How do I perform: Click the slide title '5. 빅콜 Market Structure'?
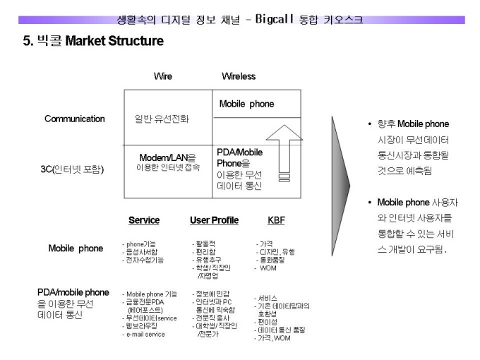(93, 41)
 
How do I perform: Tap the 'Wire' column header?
(163, 76)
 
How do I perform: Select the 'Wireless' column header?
(239, 76)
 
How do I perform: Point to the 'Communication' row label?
(75, 119)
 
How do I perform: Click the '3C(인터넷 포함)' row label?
(72, 169)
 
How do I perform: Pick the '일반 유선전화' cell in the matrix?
(162, 119)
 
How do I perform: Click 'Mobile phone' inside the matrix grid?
(247, 104)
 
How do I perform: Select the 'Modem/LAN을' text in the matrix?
(168, 157)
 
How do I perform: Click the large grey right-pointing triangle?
(340, 186)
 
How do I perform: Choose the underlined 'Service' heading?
(144, 220)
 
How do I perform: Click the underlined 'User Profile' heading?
(215, 220)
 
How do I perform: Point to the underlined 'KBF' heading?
(277, 220)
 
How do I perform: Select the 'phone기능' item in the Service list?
(140, 244)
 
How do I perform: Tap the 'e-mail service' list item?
(145, 335)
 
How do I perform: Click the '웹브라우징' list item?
(141, 326)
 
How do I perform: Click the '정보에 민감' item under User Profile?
(212, 294)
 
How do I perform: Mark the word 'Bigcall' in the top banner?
(275, 19)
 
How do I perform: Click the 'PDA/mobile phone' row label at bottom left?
(73, 292)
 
